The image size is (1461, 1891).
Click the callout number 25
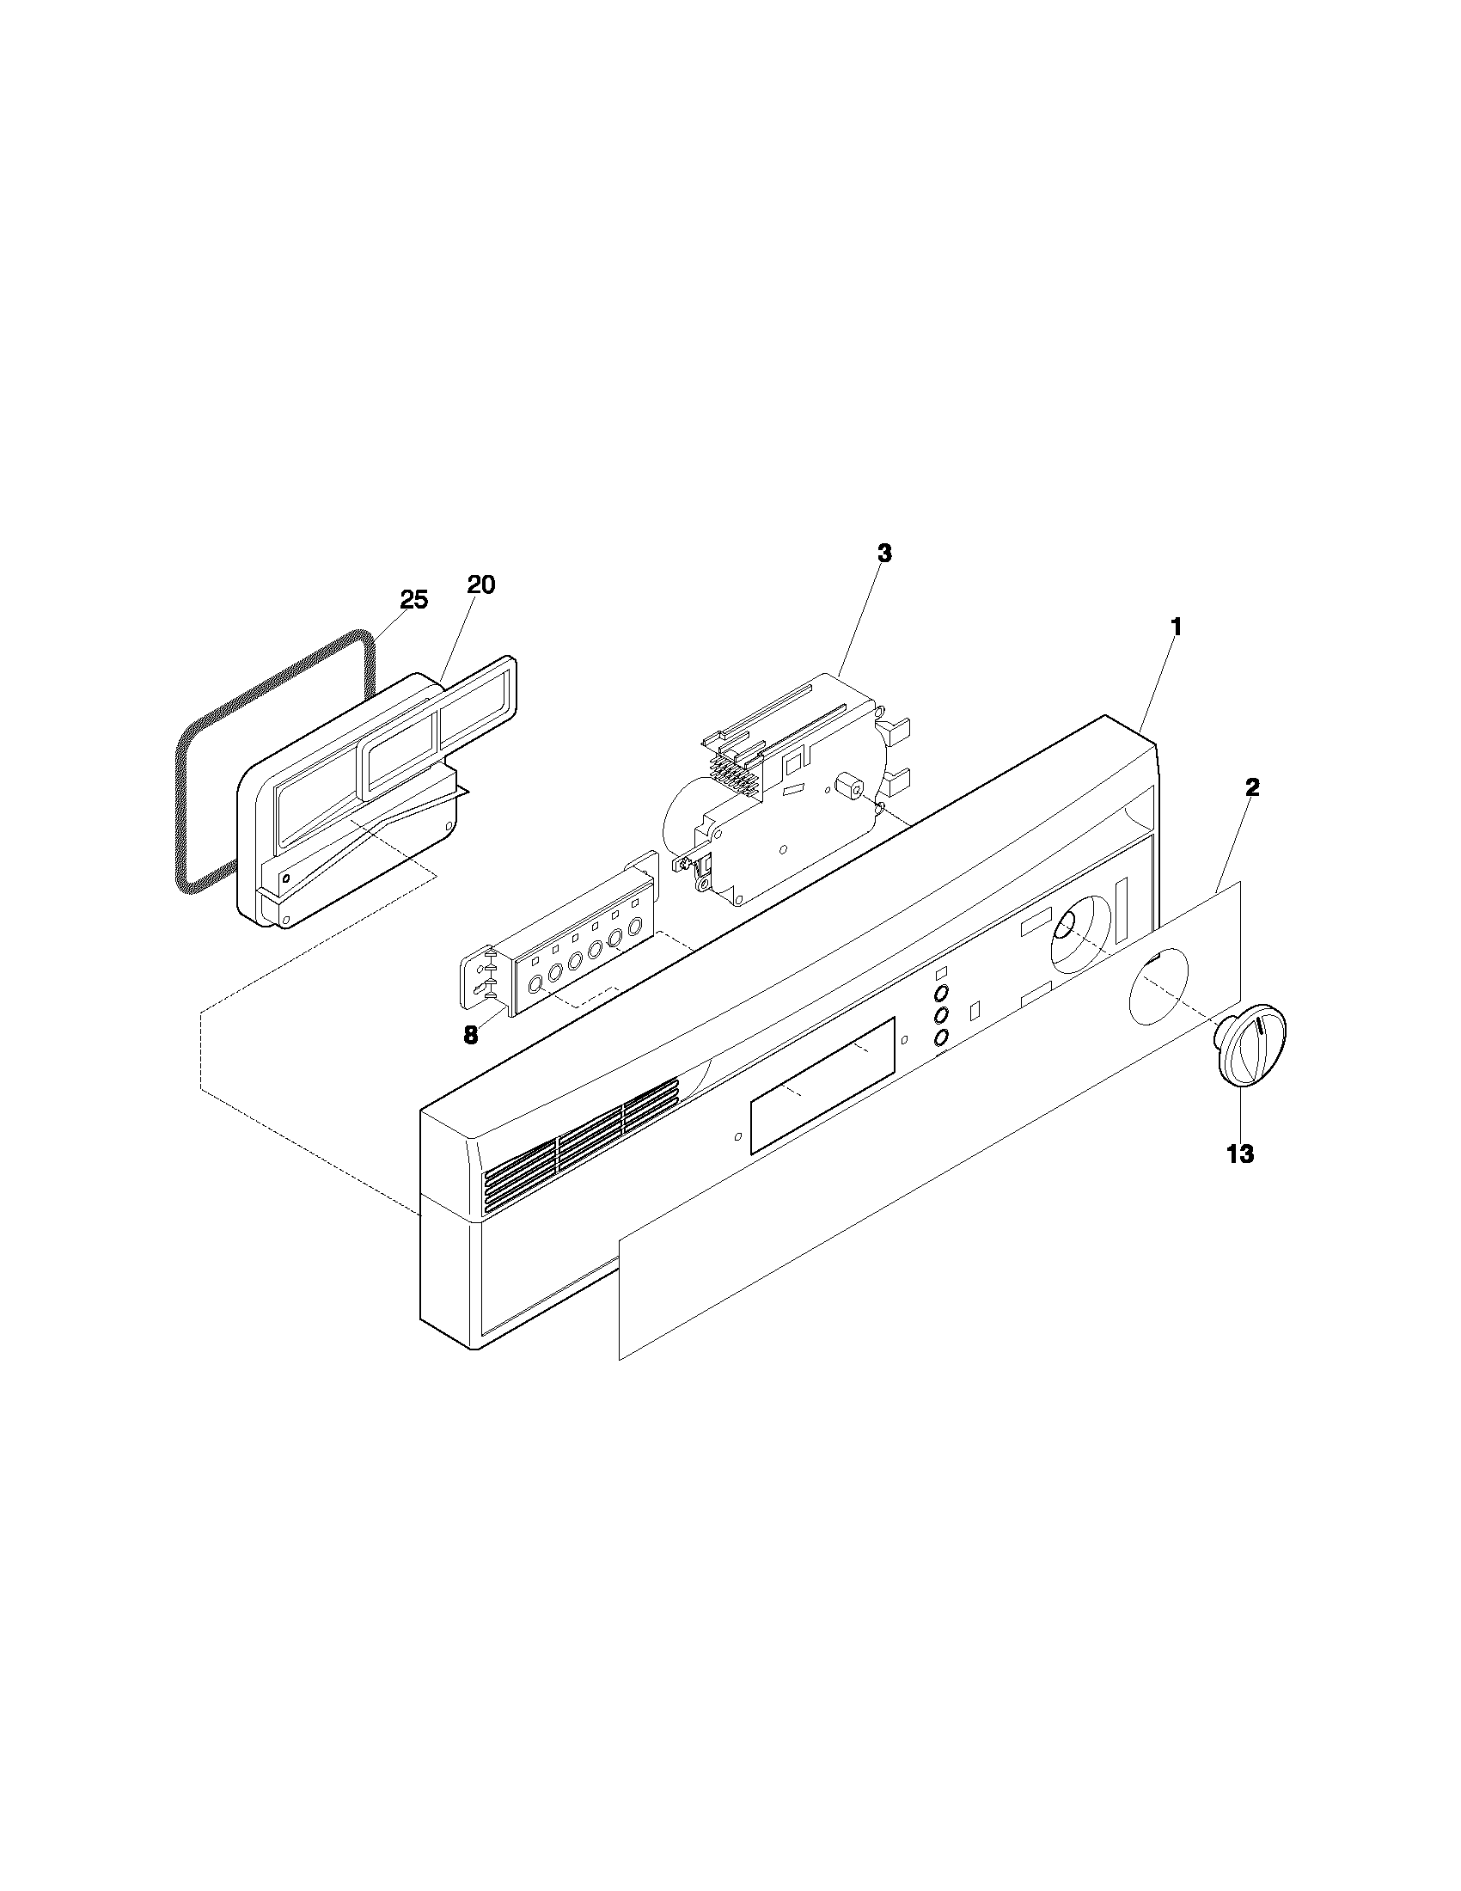point(413,599)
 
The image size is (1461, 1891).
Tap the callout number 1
point(1175,626)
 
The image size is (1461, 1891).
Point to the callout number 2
point(1251,787)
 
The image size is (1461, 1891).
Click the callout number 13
point(1240,1154)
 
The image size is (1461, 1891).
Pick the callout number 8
point(470,1036)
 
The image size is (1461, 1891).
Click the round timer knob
point(1252,1044)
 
